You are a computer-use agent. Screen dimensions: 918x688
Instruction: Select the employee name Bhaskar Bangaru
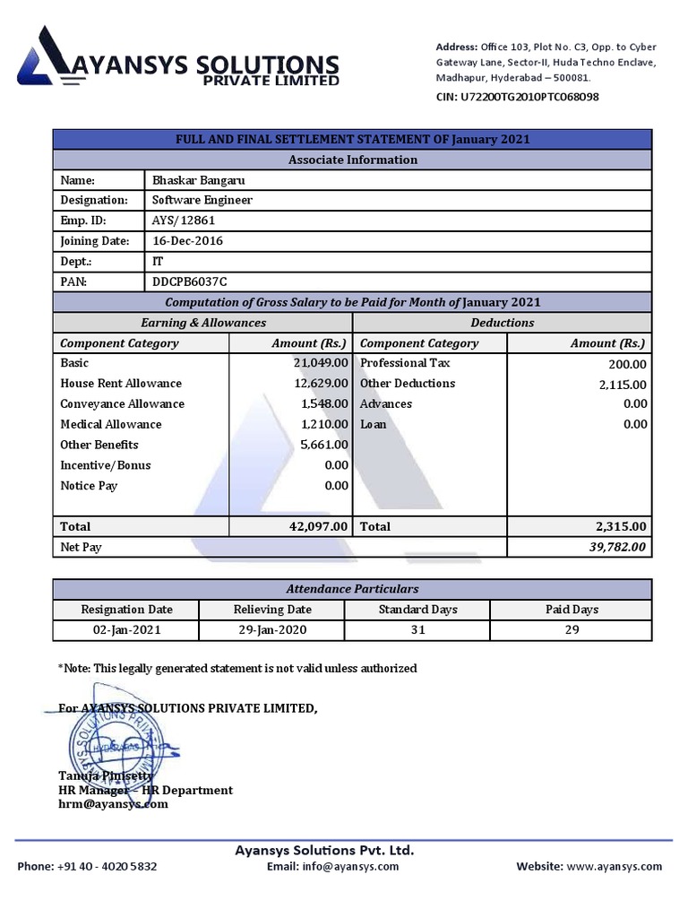[x=198, y=180]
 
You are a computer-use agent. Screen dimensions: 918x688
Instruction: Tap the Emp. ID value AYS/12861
[x=184, y=221]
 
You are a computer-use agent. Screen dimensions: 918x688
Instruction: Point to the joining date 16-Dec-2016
[x=187, y=241]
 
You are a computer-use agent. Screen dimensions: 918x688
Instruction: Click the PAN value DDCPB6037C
[x=195, y=281]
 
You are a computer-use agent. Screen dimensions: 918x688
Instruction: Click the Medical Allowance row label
[x=111, y=424]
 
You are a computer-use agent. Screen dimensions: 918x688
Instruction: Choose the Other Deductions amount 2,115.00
[x=621, y=385]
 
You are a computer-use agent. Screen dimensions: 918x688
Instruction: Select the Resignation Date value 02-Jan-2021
[x=126, y=629]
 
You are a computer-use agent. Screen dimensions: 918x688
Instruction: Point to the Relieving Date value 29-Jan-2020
[x=272, y=629]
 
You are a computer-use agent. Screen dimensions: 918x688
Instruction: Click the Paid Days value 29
[x=572, y=629]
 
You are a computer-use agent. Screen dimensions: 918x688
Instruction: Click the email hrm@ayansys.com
[x=113, y=804]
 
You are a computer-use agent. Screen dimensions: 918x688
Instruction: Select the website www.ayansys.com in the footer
[x=614, y=867]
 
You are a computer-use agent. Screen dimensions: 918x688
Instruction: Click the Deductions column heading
[x=502, y=323]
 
